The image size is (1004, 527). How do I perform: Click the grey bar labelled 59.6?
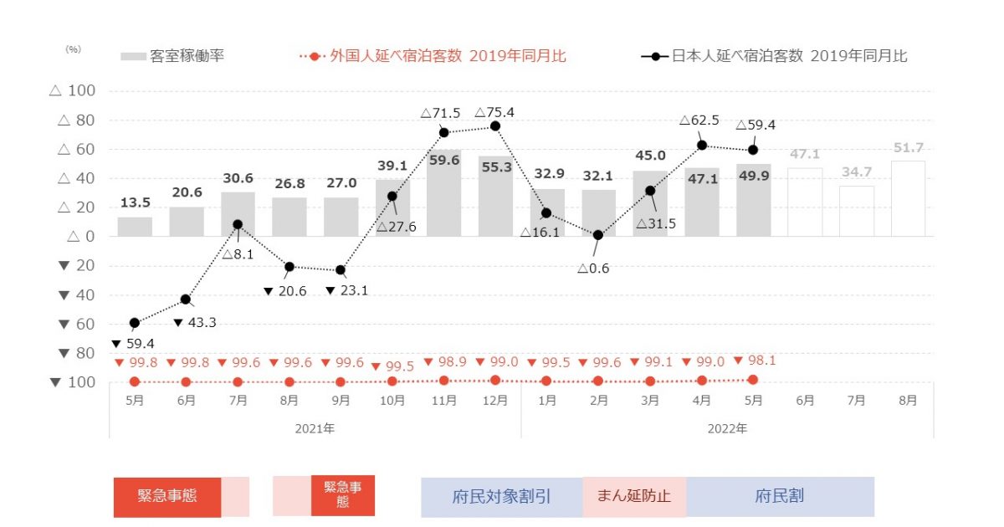tap(443, 194)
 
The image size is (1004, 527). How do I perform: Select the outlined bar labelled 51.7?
tap(908, 199)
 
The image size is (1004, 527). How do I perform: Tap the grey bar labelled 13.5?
tap(135, 227)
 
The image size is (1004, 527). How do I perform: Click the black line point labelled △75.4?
tap(494, 126)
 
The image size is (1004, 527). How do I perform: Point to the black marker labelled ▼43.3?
tap(186, 299)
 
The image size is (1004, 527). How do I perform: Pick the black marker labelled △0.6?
tap(597, 235)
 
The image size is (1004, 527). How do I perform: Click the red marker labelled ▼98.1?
tap(753, 380)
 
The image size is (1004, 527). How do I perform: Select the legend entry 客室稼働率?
tap(172, 57)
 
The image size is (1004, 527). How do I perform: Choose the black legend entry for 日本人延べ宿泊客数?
tap(774, 57)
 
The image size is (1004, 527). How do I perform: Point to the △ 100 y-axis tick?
tap(73, 91)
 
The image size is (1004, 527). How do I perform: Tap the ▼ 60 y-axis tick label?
tap(76, 324)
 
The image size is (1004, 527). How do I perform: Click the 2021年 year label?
tap(315, 428)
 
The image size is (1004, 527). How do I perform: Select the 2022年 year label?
tap(727, 428)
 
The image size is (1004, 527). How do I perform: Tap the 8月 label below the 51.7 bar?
tap(908, 401)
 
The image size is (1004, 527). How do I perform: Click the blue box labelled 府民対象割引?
tap(502, 497)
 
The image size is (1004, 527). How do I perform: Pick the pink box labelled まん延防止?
tap(634, 497)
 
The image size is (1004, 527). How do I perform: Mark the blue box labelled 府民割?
tap(780, 497)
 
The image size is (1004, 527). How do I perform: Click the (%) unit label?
tap(73, 49)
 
